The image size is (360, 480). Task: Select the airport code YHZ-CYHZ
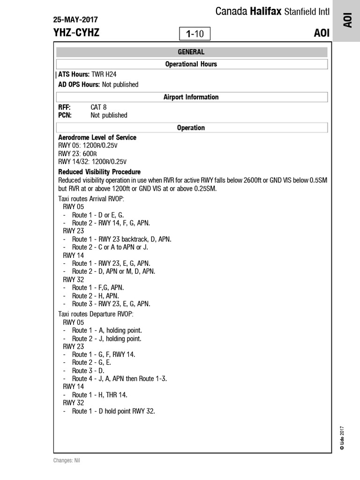(76, 32)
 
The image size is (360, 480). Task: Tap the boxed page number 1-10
(195, 34)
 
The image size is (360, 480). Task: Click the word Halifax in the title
(265, 11)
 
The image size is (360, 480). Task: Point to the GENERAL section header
(191, 52)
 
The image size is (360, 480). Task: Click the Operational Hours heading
(191, 64)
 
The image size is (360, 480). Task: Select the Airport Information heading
(191, 97)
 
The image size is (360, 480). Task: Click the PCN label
(65, 115)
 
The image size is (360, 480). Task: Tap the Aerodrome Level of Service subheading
(97, 137)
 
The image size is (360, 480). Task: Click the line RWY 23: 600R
(77, 154)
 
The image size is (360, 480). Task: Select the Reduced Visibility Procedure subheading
(99, 172)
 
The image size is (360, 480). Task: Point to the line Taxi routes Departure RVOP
(96, 314)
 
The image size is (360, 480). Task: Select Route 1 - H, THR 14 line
(99, 395)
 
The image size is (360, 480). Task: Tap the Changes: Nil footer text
(67, 460)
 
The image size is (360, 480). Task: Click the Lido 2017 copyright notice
(342, 438)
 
